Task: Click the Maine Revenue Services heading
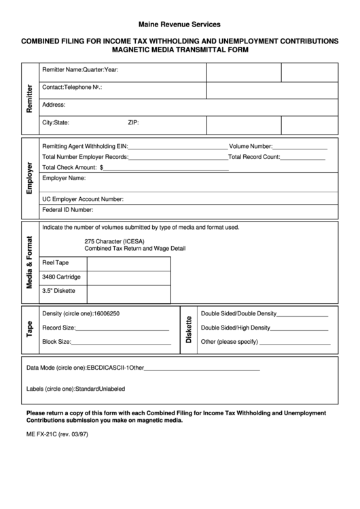point(179,24)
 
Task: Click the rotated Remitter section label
point(29,99)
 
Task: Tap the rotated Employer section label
point(29,178)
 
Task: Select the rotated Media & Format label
point(29,262)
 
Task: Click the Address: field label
point(54,105)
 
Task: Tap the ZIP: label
point(133,123)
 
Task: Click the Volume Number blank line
point(300,147)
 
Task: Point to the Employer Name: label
point(64,178)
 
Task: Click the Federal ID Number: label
point(68,210)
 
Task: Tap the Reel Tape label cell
point(56,262)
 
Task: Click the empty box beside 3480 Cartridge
point(129,277)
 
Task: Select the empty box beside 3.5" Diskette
point(129,293)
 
